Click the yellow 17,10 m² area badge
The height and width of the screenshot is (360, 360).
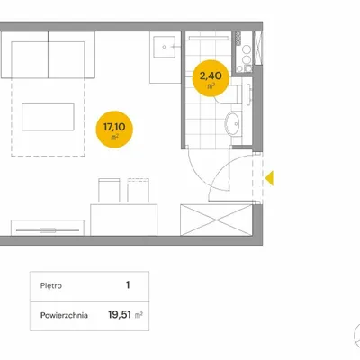(x=114, y=130)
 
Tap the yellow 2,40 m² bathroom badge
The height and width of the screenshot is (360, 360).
(x=211, y=78)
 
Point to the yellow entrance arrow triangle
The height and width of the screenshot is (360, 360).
(x=269, y=178)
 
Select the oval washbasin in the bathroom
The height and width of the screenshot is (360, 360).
(x=233, y=123)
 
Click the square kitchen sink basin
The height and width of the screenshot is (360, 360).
(x=165, y=47)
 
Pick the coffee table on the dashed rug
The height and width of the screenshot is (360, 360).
(x=48, y=117)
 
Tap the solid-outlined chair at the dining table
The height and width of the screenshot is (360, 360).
(x=109, y=190)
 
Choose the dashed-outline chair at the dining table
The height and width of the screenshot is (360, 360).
(x=138, y=190)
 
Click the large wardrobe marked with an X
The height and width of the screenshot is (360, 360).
(x=216, y=220)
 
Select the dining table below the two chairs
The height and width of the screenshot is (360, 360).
(x=124, y=220)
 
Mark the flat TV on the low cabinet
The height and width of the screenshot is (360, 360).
(x=48, y=230)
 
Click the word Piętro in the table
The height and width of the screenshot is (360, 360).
(x=51, y=285)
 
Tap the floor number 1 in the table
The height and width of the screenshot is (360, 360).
(x=128, y=284)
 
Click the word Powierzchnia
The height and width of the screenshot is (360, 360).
(x=64, y=315)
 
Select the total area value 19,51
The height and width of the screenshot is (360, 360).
(x=120, y=315)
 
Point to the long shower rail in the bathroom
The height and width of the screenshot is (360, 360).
(x=209, y=38)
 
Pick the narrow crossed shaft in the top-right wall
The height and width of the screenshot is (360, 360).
(x=258, y=48)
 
